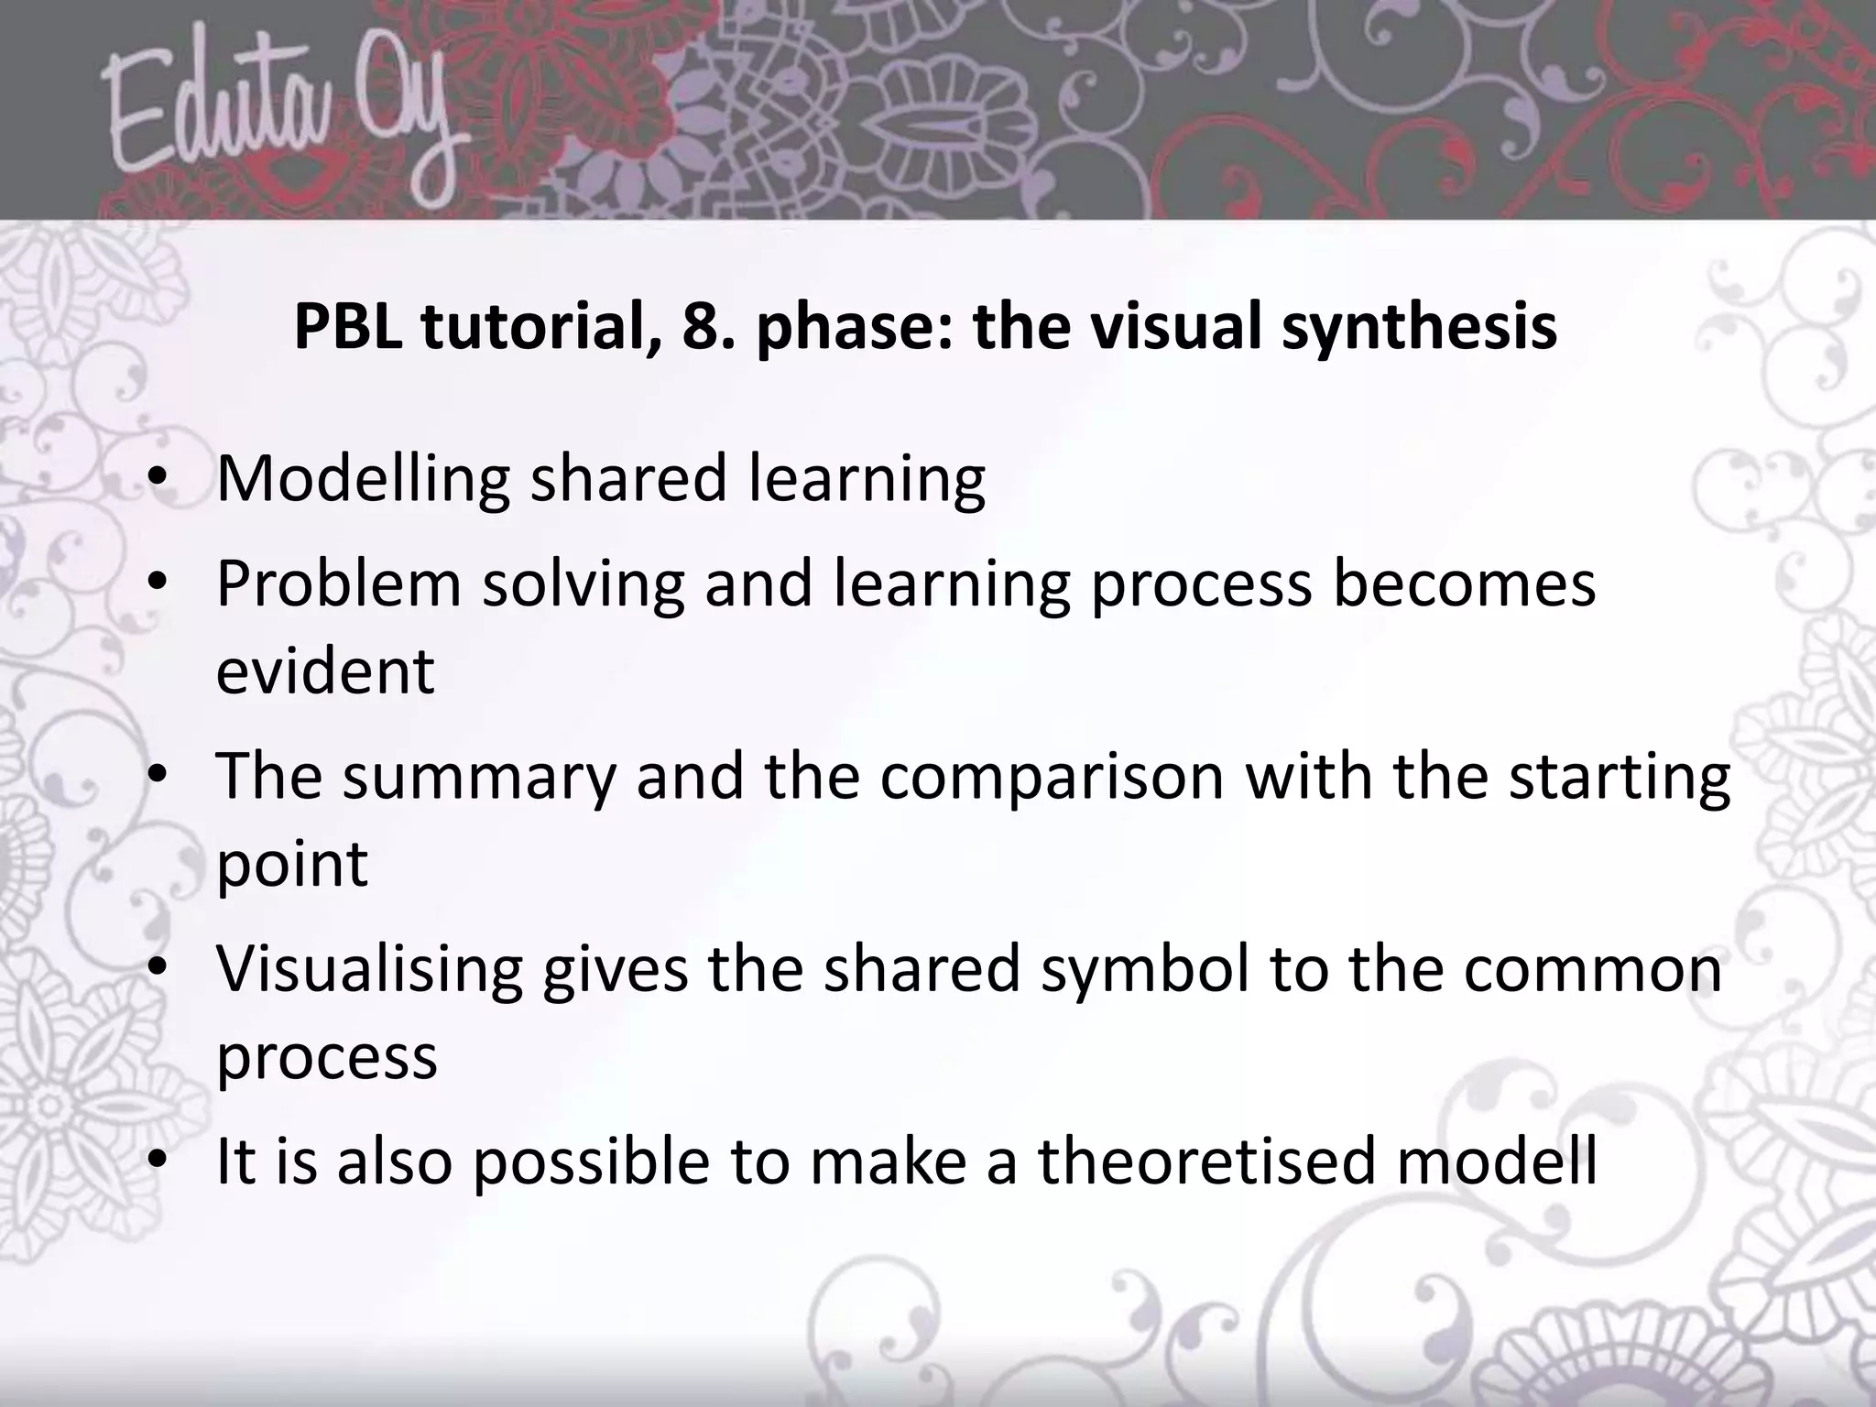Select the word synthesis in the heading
[1419, 328]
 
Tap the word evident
[325, 671]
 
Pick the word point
[291, 863]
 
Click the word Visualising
[369, 969]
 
